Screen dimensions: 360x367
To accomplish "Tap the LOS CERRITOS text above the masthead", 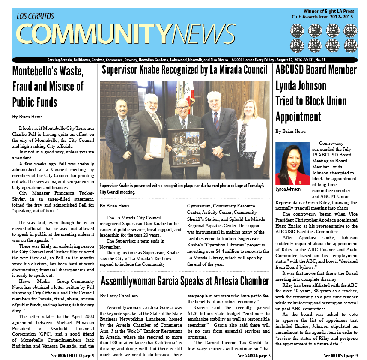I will point(36,17).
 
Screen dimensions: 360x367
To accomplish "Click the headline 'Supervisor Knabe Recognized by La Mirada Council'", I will point(185,70).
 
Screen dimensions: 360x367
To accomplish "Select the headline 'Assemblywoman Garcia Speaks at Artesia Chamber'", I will point(185,281).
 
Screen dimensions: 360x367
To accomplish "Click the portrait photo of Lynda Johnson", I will point(292,163).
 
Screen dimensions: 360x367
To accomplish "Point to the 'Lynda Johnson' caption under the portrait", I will point(288,189).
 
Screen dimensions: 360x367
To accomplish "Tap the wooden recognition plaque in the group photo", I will point(156,147).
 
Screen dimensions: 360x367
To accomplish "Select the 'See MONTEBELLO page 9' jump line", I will point(73,356).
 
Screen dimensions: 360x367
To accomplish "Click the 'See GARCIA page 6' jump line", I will point(254,356).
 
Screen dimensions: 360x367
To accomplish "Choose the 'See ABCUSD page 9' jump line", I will point(340,356).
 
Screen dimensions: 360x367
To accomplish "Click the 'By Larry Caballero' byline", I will point(120,296).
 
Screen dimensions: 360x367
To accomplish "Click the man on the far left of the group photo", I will point(121,141).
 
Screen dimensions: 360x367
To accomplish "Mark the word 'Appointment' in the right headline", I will point(298,117).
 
